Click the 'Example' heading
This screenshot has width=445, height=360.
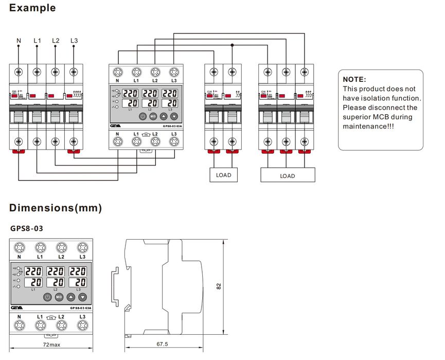click(32, 8)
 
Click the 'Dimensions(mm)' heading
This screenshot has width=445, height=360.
click(56, 208)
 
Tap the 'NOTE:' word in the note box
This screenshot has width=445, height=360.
click(354, 80)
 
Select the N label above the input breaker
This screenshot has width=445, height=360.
click(19, 40)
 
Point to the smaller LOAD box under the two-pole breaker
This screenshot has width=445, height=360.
click(223, 175)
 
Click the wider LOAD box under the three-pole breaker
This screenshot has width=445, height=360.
click(288, 176)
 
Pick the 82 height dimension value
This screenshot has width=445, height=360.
click(219, 286)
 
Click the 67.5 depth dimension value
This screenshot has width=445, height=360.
click(163, 344)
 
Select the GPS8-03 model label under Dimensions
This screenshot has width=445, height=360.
click(27, 228)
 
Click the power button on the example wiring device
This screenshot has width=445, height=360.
click(143, 116)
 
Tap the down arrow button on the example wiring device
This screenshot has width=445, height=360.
click(173, 116)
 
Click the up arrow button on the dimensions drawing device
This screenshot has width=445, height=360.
click(71, 297)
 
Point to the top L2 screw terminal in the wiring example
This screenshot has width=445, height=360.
click(155, 72)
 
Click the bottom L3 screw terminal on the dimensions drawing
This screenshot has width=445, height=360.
click(82, 325)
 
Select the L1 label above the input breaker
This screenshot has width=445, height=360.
click(38, 40)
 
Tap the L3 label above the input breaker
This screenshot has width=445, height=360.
click(75, 40)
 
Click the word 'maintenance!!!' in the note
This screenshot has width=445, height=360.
click(368, 126)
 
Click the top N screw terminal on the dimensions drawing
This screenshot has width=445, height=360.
click(19, 247)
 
